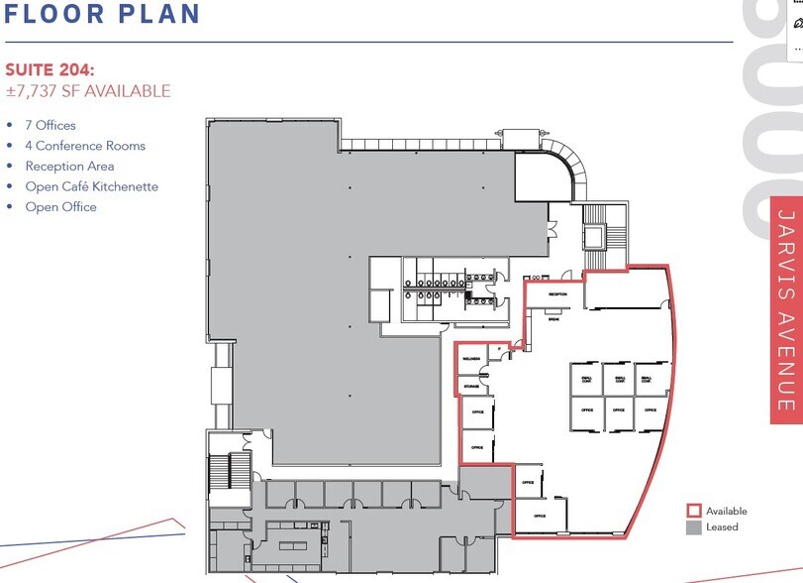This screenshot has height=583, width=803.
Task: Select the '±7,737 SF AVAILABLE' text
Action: tap(88, 91)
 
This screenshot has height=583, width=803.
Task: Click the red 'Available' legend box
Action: tap(693, 512)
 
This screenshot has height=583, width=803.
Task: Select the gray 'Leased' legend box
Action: tap(693, 527)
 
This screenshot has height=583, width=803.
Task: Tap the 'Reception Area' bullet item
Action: tap(69, 167)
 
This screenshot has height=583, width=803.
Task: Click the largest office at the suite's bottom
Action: tap(541, 516)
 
